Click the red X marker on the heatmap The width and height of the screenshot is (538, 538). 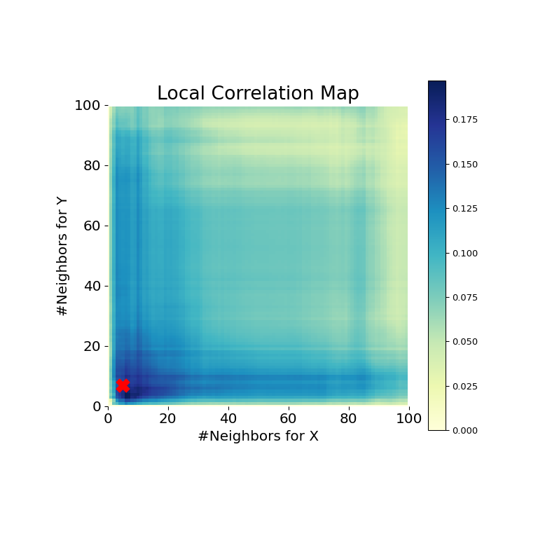click(x=123, y=385)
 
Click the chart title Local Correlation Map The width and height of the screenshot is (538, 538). click(x=258, y=94)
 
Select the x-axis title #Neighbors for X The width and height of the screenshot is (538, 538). click(x=258, y=436)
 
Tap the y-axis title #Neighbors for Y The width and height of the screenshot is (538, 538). click(x=63, y=256)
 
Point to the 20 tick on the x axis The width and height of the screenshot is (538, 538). click(x=168, y=419)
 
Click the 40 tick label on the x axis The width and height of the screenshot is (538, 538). click(x=228, y=419)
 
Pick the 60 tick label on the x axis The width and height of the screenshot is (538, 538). click(x=289, y=419)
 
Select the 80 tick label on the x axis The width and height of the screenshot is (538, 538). click(x=349, y=419)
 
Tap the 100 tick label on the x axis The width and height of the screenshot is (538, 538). click(x=409, y=419)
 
